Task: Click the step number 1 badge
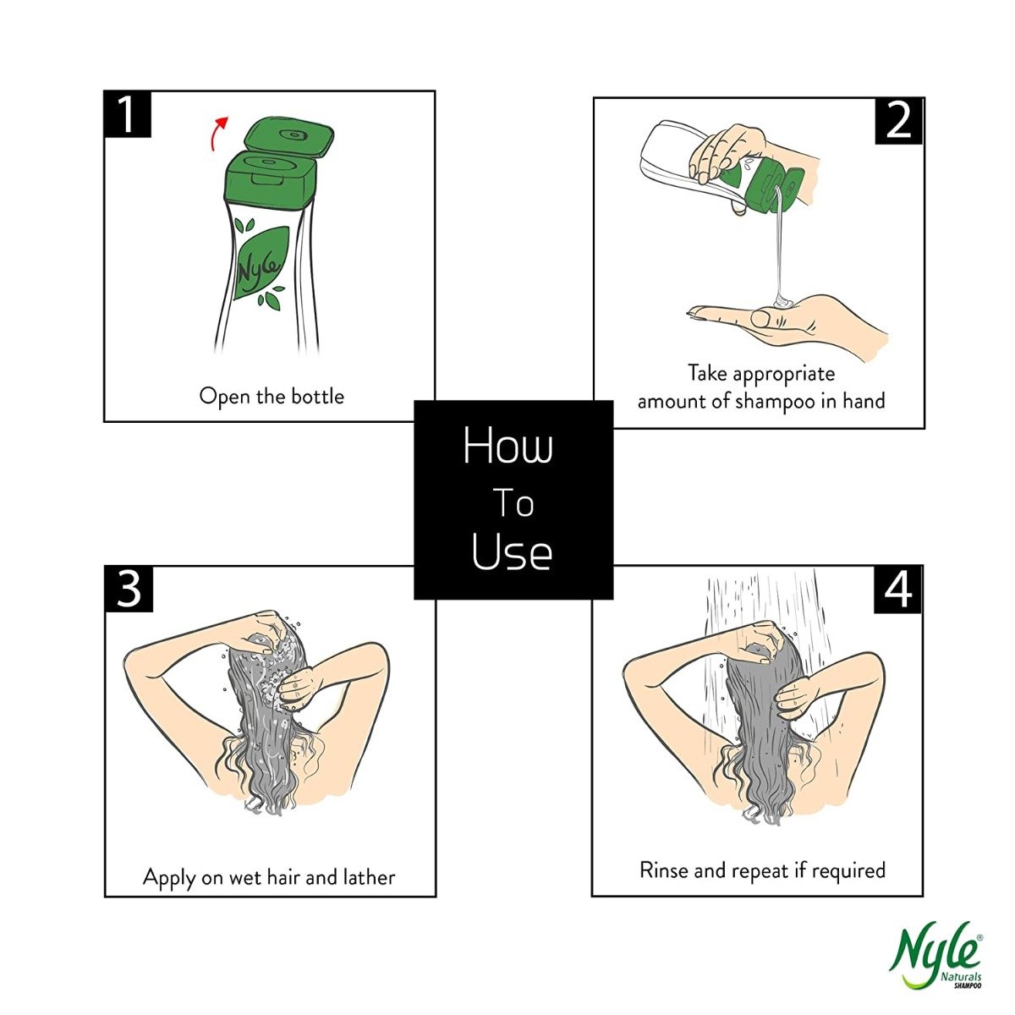128,114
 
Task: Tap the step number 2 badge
899,121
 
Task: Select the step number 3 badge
129,589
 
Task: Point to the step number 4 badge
898,590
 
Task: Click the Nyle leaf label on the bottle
261,263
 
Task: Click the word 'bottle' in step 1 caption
318,397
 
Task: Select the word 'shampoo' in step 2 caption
776,402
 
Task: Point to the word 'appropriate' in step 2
784,375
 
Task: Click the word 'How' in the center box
507,446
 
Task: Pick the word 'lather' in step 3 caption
369,877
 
